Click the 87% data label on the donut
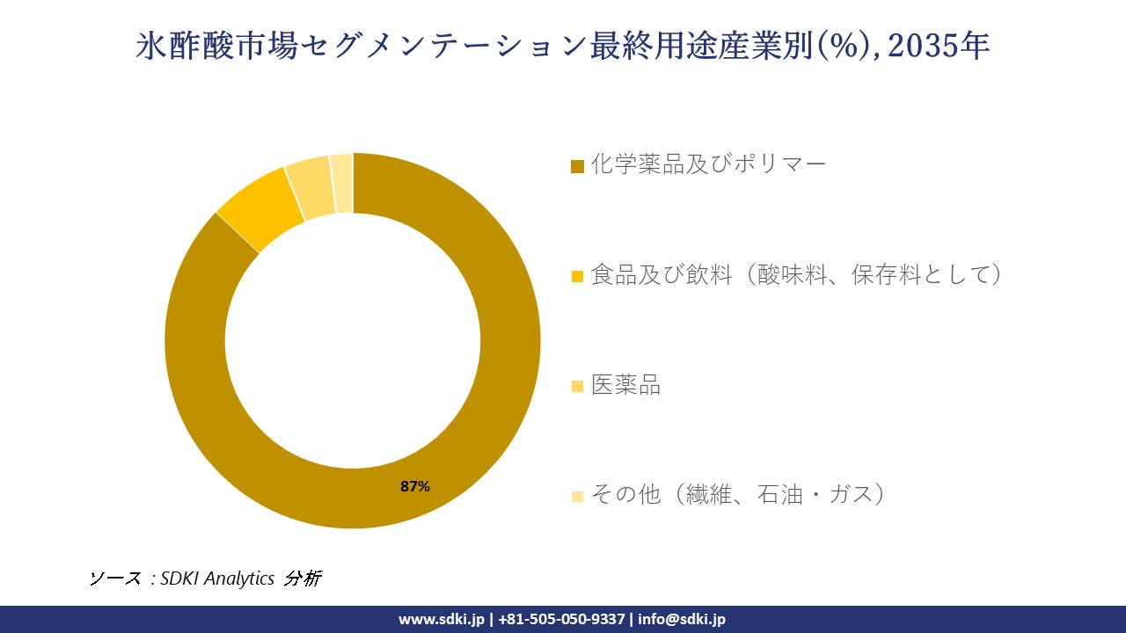click(x=414, y=486)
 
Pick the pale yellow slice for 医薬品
click(x=311, y=188)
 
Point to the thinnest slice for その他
click(x=342, y=183)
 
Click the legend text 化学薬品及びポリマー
click(x=708, y=164)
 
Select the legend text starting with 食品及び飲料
click(x=796, y=275)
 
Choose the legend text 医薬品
click(x=625, y=385)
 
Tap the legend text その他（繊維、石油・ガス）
click(x=737, y=495)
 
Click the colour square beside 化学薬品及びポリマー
click(x=577, y=166)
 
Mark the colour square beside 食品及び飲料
click(x=577, y=277)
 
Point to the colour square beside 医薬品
click(x=577, y=387)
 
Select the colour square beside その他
click(x=577, y=497)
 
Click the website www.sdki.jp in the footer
click(x=441, y=619)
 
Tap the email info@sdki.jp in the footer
click(x=682, y=619)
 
